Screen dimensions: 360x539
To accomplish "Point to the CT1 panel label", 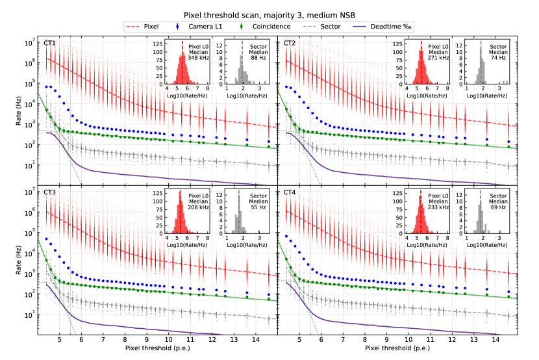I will click(x=50, y=43).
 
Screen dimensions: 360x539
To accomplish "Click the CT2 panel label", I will click(x=290, y=43).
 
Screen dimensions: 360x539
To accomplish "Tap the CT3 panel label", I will click(x=50, y=192).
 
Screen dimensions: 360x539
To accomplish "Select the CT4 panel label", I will click(x=290, y=192).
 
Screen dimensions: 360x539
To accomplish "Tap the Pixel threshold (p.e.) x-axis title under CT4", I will click(x=397, y=348).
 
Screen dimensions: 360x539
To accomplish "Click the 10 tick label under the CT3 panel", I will click(x=168, y=339).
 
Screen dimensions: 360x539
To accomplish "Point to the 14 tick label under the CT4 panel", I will click(x=495, y=339).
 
